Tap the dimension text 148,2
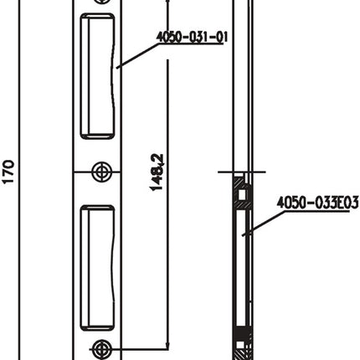tap(156, 172)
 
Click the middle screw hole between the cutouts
tap(101, 171)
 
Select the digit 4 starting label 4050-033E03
tap(280, 202)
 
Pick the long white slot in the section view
tap(242, 268)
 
